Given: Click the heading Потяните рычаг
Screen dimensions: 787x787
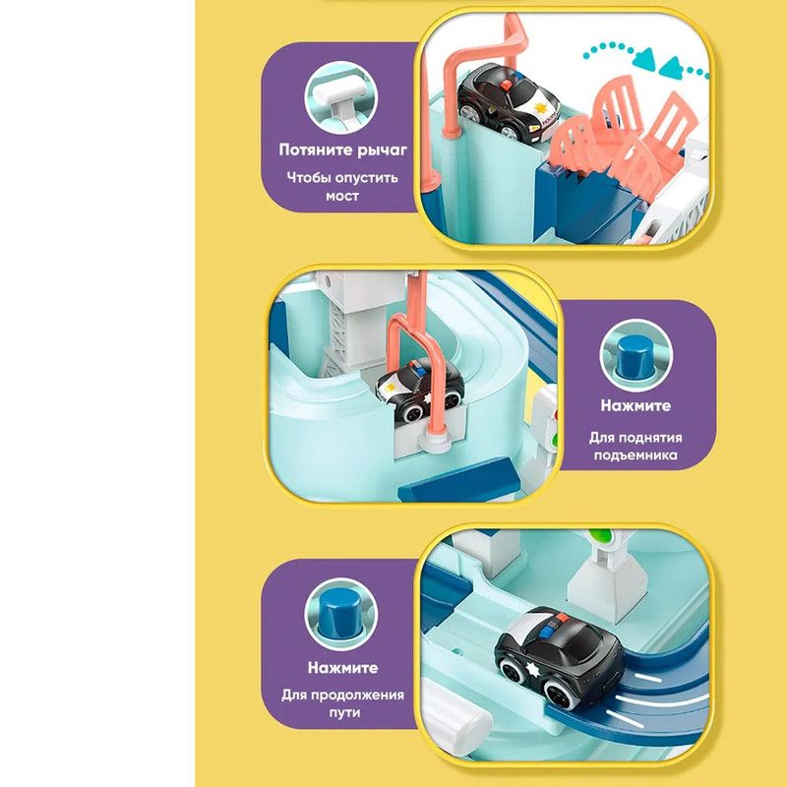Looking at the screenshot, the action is pos(342,151).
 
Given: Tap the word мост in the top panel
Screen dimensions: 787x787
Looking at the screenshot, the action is pos(341,195).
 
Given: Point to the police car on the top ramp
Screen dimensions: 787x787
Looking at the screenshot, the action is pos(508,103).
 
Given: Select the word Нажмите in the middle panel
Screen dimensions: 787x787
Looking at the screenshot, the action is pos(636,405).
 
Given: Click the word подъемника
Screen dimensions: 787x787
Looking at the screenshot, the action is pos(636,455).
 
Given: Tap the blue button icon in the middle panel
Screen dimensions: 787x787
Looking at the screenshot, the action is pos(636,356).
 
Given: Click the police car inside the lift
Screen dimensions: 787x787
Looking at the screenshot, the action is pos(420,390).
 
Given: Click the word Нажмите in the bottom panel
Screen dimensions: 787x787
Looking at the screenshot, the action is pos(342,668).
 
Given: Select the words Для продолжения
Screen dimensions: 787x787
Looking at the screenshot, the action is pos(342,696).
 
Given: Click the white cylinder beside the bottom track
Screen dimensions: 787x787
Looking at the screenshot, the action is pos(454,715).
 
